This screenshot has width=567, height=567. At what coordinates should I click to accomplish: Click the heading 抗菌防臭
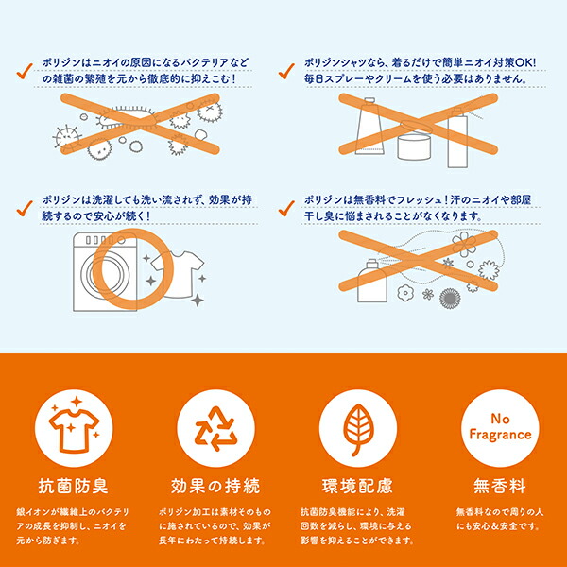click(x=74, y=486)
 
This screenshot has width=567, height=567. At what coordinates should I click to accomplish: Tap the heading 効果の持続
click(x=215, y=486)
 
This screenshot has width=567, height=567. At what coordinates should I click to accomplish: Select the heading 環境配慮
click(x=357, y=486)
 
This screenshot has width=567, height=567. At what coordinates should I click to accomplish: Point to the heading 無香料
click(x=500, y=486)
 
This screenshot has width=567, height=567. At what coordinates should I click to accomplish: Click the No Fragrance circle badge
click(x=500, y=428)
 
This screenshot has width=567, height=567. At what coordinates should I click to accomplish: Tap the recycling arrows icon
click(x=215, y=428)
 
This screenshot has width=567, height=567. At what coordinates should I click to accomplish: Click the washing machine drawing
click(x=105, y=271)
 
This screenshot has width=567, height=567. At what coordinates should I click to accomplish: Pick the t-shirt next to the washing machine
click(x=178, y=274)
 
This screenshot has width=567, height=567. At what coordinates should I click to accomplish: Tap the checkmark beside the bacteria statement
click(x=25, y=71)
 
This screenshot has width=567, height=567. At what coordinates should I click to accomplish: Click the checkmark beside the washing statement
click(x=25, y=209)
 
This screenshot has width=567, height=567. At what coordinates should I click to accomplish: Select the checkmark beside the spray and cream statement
click(x=286, y=71)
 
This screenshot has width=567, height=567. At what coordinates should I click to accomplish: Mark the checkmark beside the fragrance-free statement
click(x=286, y=209)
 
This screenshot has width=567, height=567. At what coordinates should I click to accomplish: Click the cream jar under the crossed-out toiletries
click(x=415, y=144)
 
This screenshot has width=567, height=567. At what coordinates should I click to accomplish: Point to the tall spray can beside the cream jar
click(x=457, y=138)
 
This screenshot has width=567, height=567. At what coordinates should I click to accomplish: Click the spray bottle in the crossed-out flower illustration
click(x=372, y=281)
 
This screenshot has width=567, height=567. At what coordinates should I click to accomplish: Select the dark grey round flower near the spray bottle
click(x=450, y=299)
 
